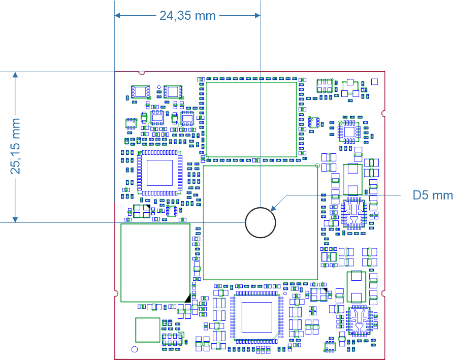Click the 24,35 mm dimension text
[x=187, y=16]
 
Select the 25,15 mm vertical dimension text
[x=15, y=146]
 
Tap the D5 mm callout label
[x=433, y=195]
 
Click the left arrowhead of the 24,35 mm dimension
[x=117, y=15]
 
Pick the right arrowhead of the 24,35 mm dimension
[x=257, y=15]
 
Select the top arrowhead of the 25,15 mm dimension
[x=15, y=75]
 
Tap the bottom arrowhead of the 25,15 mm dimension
[x=15, y=219]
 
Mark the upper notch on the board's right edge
[x=383, y=113]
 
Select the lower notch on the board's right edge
[x=383, y=293]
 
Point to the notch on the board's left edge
[x=116, y=293]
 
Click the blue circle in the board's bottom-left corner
[x=135, y=349]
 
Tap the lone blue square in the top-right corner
[x=374, y=82]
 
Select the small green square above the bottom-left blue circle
[x=148, y=330]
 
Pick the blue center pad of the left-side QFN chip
[x=159, y=173]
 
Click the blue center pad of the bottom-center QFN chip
[x=257, y=317]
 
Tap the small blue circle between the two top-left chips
[x=159, y=87]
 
